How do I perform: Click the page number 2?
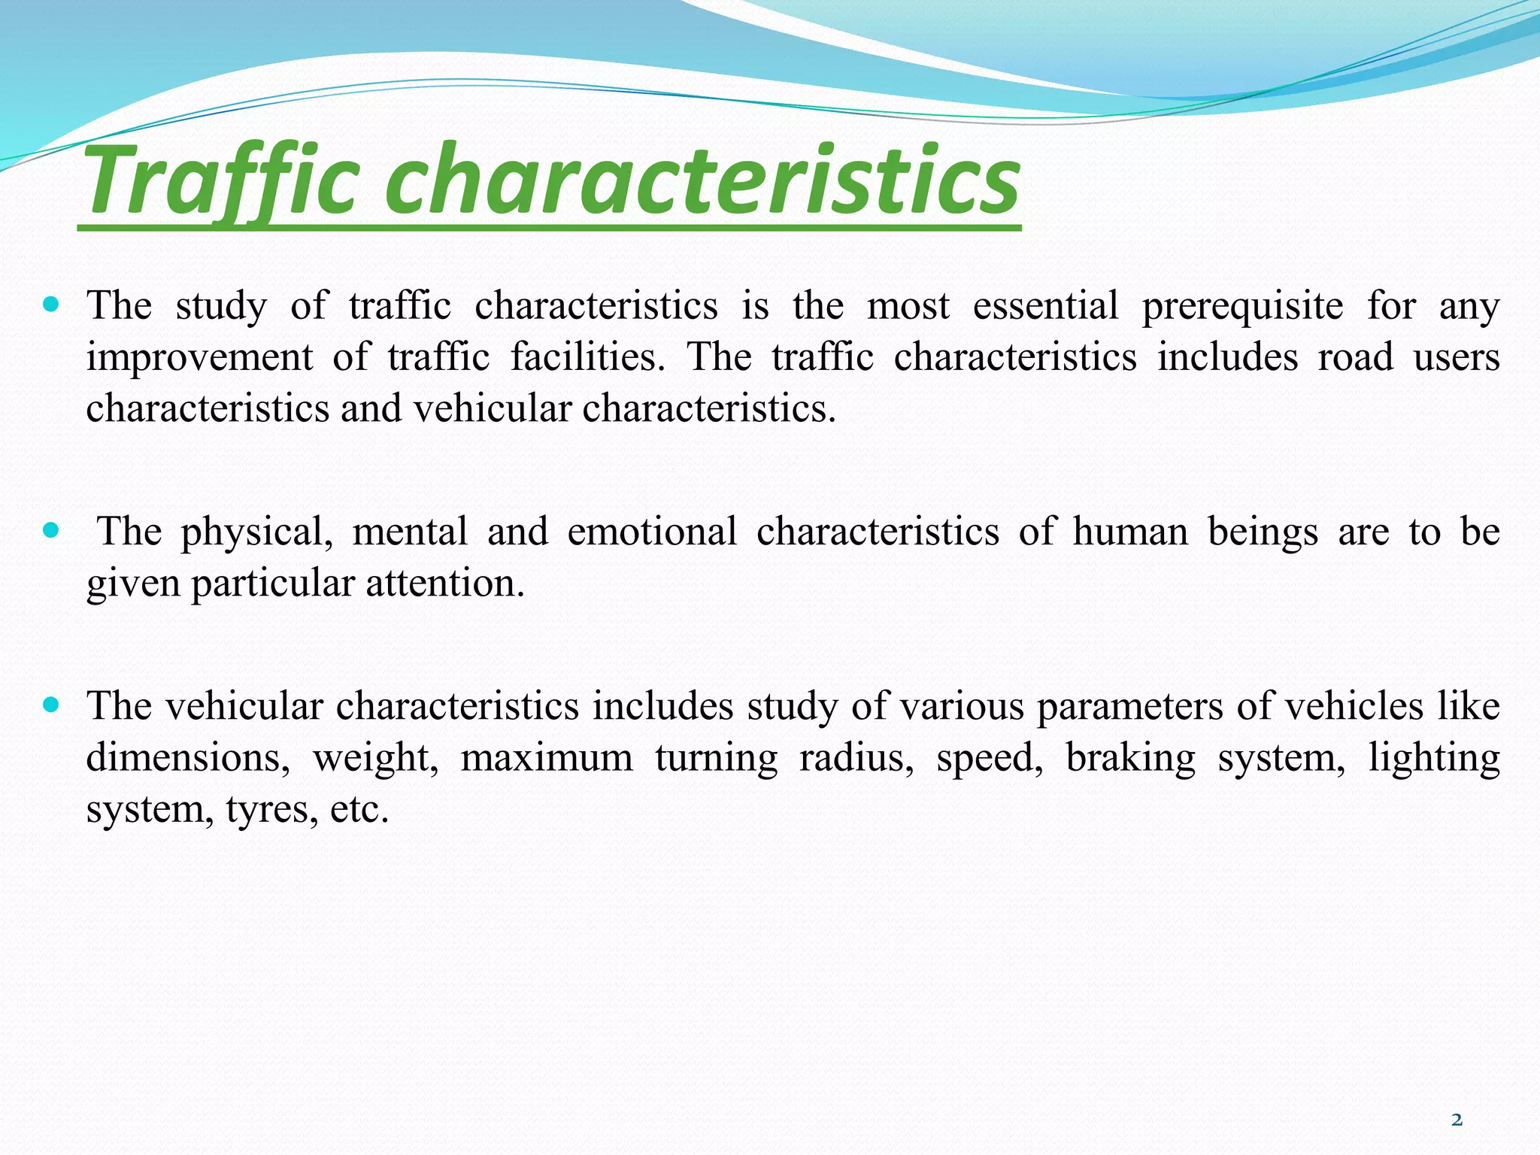tap(1457, 1120)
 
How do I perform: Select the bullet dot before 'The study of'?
tap(51, 305)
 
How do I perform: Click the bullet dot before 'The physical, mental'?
tap(51, 531)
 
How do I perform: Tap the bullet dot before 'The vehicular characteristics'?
tap(51, 705)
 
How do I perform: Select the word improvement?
tap(199, 358)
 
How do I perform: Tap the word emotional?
tap(652, 531)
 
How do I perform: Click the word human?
tap(1130, 531)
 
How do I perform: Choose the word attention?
tap(445, 583)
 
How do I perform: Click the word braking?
tap(1130, 759)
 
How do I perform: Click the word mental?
tap(410, 531)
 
